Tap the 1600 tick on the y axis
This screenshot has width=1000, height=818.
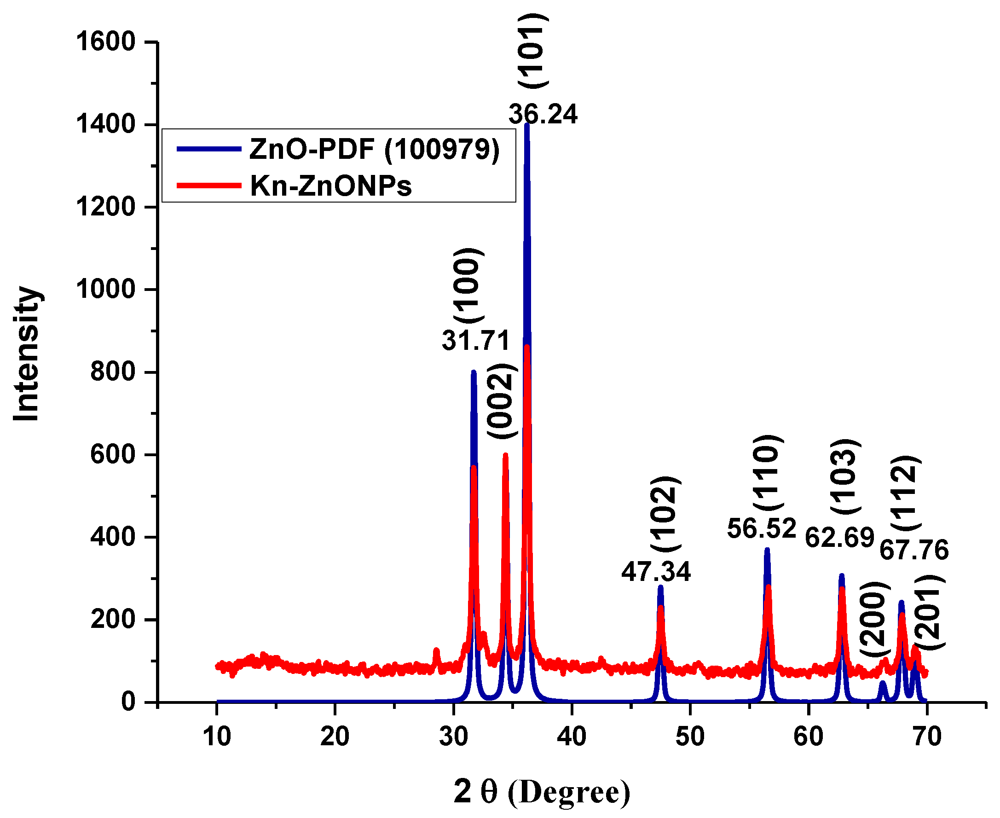(x=105, y=41)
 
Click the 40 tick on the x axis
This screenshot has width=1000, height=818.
(x=572, y=736)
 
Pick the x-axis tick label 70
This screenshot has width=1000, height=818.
(x=927, y=736)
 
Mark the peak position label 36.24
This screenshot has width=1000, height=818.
(x=543, y=115)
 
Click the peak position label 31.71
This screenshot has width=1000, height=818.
(x=476, y=340)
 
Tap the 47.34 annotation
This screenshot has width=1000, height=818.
(x=656, y=572)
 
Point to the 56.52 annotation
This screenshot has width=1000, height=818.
(x=761, y=528)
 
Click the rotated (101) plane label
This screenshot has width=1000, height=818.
(x=533, y=51)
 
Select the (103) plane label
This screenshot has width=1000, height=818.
(x=845, y=476)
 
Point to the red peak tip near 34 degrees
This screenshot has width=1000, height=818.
(x=505, y=455)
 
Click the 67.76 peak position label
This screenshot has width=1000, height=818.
(x=914, y=550)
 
